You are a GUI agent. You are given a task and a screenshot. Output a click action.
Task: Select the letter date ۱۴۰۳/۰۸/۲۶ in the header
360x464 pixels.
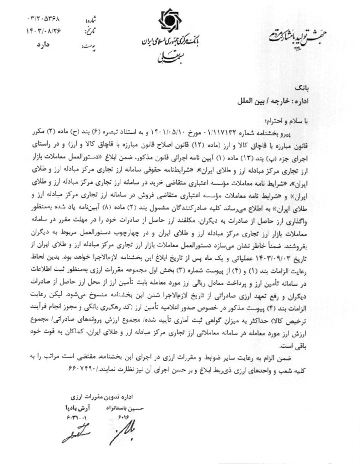coord(44,32)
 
